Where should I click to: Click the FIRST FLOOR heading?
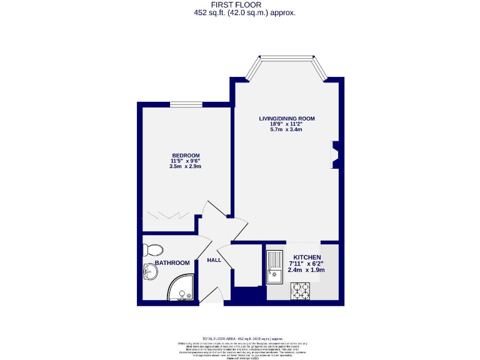click(240, 4)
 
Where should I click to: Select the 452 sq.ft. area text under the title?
click(240, 12)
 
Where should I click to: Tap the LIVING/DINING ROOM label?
click(287, 118)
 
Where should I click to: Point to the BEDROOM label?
click(186, 156)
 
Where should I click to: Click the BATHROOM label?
click(172, 263)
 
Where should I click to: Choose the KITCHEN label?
click(306, 257)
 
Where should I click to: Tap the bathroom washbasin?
click(150, 272)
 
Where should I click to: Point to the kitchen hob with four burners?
click(301, 291)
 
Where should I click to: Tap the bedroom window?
click(186, 104)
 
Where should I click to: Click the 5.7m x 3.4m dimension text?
click(287, 129)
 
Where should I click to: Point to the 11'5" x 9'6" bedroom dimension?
click(186, 161)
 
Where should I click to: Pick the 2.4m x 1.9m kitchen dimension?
click(306, 270)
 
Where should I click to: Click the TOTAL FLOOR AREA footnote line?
click(240, 337)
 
